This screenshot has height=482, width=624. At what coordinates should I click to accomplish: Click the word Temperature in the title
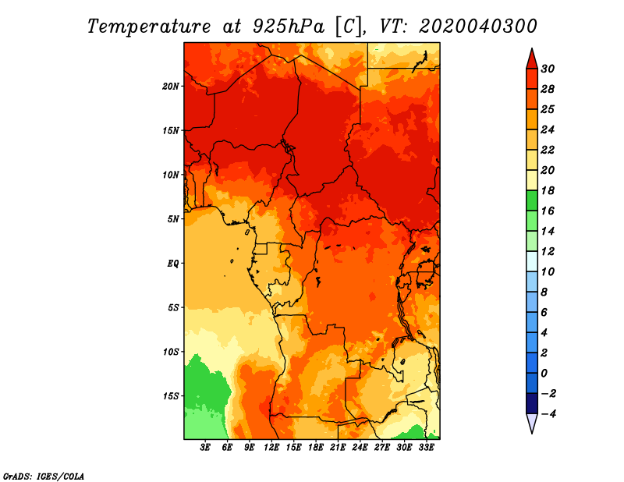click(149, 27)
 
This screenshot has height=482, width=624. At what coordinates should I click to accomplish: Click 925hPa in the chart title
click(289, 27)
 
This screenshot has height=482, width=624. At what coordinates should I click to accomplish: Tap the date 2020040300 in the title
click(478, 26)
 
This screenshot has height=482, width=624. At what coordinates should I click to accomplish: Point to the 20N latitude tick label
click(171, 87)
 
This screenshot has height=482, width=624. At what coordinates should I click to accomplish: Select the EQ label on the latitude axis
click(173, 264)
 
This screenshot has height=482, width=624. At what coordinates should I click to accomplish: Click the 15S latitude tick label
click(171, 396)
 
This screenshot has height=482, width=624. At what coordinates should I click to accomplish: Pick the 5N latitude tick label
click(173, 219)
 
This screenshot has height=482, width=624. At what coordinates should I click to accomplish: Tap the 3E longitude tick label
click(205, 448)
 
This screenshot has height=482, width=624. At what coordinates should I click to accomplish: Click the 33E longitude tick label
click(426, 448)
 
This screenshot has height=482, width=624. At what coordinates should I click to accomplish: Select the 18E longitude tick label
click(316, 448)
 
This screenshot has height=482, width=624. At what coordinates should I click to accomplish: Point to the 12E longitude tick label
click(271, 448)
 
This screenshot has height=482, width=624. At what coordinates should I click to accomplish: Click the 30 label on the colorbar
click(548, 69)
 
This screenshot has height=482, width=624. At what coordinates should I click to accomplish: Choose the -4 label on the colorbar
click(548, 414)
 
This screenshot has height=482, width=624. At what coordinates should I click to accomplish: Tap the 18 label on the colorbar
click(548, 190)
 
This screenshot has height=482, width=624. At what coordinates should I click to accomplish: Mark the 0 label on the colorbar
click(544, 374)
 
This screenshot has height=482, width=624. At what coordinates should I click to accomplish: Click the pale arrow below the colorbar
click(532, 423)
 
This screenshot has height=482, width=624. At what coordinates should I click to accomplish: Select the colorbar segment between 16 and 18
click(532, 200)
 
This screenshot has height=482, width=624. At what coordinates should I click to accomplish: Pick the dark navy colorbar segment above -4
click(532, 403)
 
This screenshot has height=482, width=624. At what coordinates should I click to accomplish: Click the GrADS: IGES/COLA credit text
click(44, 477)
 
